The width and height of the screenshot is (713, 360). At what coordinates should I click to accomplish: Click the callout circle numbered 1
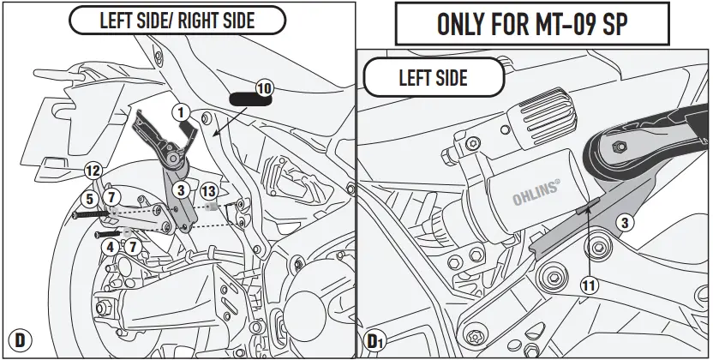coord(181,111)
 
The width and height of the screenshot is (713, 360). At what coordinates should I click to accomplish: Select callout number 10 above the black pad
coord(263,87)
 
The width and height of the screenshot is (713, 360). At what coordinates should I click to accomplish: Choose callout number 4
coord(109,247)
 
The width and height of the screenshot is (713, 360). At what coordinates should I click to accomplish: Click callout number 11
coord(589,288)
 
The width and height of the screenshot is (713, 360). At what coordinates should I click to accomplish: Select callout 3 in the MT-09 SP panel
coord(626,223)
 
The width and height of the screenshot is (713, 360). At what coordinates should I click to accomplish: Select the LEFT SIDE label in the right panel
coord(433,78)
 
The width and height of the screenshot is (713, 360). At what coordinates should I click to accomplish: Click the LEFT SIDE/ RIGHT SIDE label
coord(177,21)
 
